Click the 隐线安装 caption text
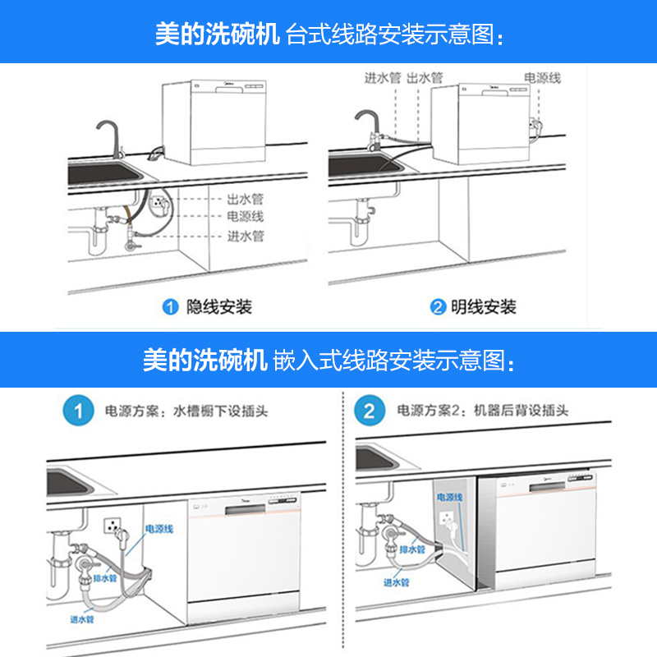[x=219, y=308]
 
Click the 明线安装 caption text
[x=485, y=308]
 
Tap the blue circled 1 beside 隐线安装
[x=171, y=308]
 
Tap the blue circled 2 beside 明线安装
[x=438, y=308]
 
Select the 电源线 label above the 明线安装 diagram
[x=542, y=78]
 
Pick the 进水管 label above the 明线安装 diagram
[x=382, y=78]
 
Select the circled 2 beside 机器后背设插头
[x=369, y=411]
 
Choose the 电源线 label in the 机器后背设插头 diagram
[x=450, y=498]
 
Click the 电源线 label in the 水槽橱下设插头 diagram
[x=159, y=530]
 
